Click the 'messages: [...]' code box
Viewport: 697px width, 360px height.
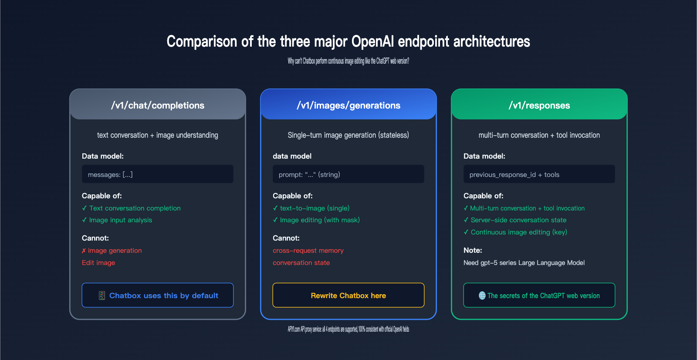(157, 174)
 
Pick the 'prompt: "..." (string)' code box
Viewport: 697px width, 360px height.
(348, 174)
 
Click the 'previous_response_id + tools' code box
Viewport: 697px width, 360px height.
(539, 174)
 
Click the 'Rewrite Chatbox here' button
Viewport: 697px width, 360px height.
(348, 295)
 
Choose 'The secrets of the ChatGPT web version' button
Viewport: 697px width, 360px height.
(539, 295)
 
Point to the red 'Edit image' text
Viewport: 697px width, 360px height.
(98, 263)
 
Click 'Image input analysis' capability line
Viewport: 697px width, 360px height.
(117, 220)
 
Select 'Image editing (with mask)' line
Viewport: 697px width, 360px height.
(316, 220)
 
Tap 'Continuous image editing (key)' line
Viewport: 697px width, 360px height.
(515, 232)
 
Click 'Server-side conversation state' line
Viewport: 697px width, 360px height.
(515, 220)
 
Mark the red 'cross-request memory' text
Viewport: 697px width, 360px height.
(308, 251)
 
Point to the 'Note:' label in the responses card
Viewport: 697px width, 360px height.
(473, 250)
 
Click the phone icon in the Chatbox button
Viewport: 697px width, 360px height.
(102, 295)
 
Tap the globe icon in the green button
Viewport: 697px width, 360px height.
(482, 295)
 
